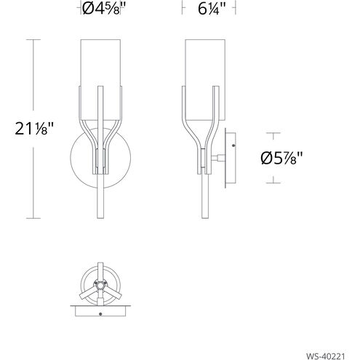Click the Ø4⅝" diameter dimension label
tap(105, 9)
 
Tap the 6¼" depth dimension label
tap(212, 9)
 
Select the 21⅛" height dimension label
tap(34, 129)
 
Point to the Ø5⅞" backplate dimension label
tap(281, 158)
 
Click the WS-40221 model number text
tap(325, 356)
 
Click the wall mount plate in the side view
tap(231, 158)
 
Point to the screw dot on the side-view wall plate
tap(233, 145)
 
